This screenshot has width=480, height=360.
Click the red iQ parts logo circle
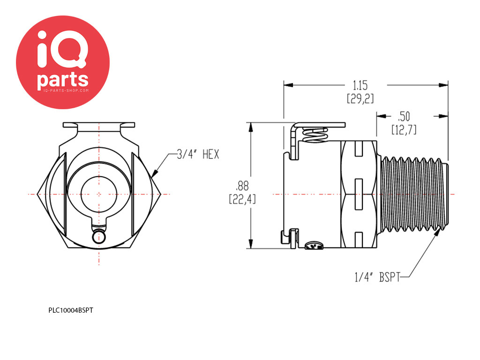(x=63, y=62)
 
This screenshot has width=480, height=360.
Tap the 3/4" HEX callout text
(x=198, y=154)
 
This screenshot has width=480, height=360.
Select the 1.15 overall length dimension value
(x=360, y=85)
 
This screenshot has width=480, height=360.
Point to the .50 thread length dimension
(x=404, y=116)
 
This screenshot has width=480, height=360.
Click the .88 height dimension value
(x=242, y=186)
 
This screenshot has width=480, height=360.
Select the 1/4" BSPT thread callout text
(x=377, y=277)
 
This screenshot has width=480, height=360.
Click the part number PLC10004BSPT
(x=71, y=310)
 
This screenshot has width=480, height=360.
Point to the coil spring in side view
(x=315, y=135)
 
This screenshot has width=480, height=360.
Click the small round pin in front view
(x=99, y=237)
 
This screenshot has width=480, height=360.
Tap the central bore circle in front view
(x=99, y=194)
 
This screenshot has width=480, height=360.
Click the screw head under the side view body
(x=314, y=246)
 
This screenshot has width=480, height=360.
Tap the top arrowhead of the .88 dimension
(x=251, y=127)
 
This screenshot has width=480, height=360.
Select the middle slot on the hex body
(x=359, y=194)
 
